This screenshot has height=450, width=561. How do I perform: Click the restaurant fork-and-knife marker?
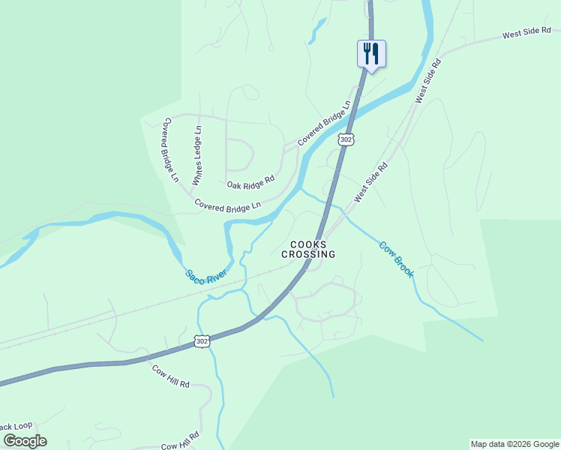(x=370, y=53)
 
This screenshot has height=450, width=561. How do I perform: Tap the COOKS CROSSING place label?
(x=308, y=250)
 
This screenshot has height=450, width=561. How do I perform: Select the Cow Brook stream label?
(x=396, y=259)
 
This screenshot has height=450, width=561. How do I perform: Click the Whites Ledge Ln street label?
(x=197, y=155)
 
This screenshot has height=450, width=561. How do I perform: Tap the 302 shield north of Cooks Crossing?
(x=345, y=140)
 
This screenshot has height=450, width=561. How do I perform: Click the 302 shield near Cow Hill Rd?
(x=201, y=341)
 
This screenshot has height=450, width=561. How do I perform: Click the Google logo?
(x=25, y=441)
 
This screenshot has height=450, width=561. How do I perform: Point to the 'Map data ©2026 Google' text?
(x=514, y=444)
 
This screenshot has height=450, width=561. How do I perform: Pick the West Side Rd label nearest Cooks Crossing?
(x=371, y=182)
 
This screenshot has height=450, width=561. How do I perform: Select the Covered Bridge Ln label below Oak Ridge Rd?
(x=227, y=204)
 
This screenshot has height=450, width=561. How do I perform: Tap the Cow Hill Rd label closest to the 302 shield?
(x=170, y=375)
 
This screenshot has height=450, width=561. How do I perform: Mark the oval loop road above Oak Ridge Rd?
(x=240, y=154)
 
